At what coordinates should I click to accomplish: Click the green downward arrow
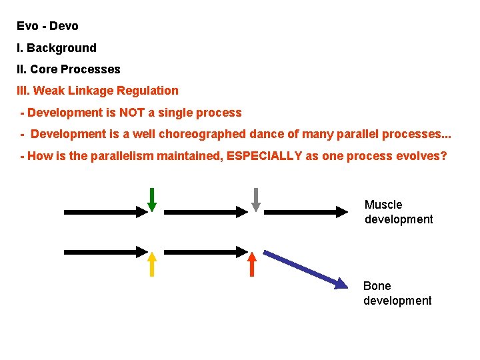pyautogui.click(x=152, y=199)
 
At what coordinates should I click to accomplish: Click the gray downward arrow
pyautogui.click(x=255, y=199)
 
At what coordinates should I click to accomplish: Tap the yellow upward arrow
pyautogui.click(x=152, y=264)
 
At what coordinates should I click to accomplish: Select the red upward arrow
pyautogui.click(x=252, y=264)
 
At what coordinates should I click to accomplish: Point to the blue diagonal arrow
pyautogui.click(x=305, y=269)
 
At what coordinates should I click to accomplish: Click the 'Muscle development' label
pyautogui.click(x=398, y=212)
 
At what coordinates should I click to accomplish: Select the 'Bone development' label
pyautogui.click(x=397, y=293)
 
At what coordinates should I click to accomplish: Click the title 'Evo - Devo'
pyautogui.click(x=48, y=27)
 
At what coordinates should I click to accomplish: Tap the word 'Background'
pyautogui.click(x=61, y=48)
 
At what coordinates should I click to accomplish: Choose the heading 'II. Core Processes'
pyautogui.click(x=69, y=69)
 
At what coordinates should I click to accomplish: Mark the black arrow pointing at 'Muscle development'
pyautogui.click(x=311, y=212)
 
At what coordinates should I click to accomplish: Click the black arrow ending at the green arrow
pyautogui.click(x=105, y=212)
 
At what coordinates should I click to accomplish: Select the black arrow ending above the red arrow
pyautogui.click(x=206, y=252)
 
